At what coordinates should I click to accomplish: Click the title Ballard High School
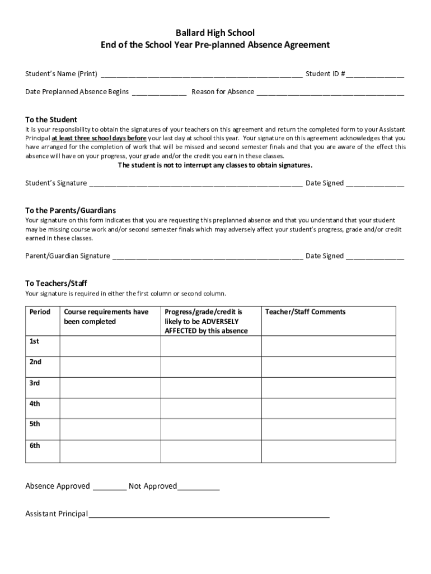pos(215,33)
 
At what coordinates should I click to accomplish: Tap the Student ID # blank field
pos(374,74)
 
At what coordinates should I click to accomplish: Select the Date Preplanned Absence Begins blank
pos(159,92)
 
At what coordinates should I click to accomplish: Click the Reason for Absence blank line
pos(330,92)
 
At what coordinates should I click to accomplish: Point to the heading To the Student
pos(51,119)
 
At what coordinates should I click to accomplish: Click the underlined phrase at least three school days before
pos(99,138)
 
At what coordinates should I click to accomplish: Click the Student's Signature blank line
pos(196,183)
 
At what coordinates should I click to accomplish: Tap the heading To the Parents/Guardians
pos(71,210)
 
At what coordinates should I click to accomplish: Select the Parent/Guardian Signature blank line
pos(208,256)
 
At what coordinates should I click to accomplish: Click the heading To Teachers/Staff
pos(56,283)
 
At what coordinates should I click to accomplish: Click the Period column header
pos(40,312)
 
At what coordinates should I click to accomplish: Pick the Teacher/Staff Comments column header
pos(305,312)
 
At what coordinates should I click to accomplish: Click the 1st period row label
pos(35,341)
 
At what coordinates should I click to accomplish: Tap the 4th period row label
pos(35,404)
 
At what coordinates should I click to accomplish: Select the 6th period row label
pos(35,446)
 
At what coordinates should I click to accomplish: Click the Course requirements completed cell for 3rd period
pos(110,387)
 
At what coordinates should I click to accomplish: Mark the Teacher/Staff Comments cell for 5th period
pos(329,429)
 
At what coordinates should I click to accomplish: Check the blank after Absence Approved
pos(109,487)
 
